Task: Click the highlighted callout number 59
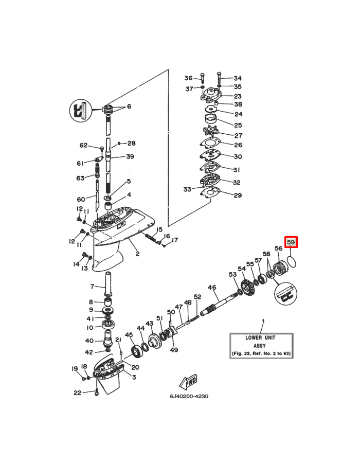(x=291, y=242)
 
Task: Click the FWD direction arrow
(x=188, y=383)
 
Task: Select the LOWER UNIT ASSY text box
(x=261, y=346)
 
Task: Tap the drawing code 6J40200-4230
(x=189, y=396)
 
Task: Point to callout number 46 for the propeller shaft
(x=212, y=287)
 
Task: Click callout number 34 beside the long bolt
(x=238, y=78)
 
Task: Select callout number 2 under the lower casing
(x=137, y=254)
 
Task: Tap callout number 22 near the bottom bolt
(x=77, y=393)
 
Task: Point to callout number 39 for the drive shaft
(x=130, y=156)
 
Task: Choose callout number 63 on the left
(x=80, y=178)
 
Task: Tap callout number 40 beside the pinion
(x=89, y=341)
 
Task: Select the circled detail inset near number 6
(x=80, y=111)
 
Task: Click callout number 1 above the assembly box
(x=263, y=321)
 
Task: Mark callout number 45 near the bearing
(x=129, y=335)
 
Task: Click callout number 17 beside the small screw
(x=175, y=240)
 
